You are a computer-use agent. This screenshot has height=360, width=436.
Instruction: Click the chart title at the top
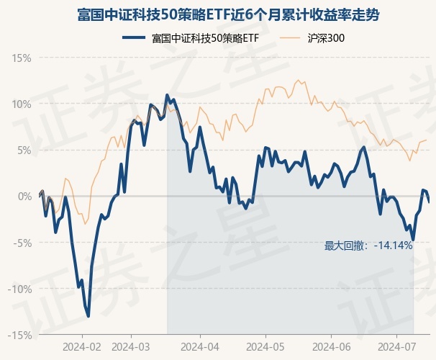point(218,14)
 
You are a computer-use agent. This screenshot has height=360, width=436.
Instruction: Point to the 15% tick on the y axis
point(22,58)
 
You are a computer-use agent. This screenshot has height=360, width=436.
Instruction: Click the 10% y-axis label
point(22,104)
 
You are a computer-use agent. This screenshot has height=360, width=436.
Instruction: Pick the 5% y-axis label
point(24,150)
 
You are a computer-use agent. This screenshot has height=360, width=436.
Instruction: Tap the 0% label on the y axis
point(24,196)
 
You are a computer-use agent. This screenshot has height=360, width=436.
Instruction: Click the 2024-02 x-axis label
point(82,346)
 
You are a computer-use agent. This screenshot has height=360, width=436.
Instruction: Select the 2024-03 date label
point(132,346)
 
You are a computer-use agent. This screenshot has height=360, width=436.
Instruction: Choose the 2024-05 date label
point(265,346)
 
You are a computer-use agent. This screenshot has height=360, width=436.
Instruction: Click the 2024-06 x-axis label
point(330,346)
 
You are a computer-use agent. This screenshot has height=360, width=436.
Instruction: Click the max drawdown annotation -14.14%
point(368,246)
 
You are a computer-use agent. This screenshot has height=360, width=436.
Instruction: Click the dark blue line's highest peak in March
point(167,95)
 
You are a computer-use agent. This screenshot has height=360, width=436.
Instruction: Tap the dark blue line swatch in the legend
point(135,38)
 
